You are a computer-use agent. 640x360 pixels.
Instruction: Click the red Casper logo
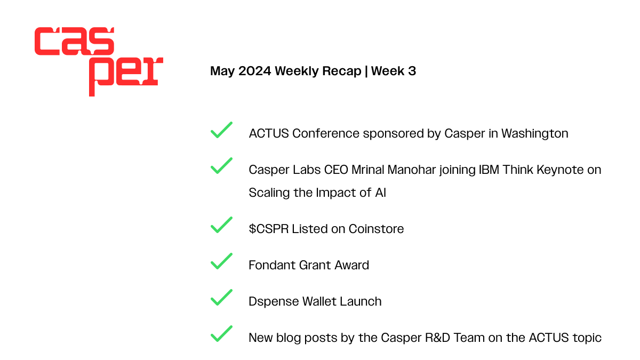pos(98,61)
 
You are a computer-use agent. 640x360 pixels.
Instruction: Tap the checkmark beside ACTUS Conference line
pos(221,130)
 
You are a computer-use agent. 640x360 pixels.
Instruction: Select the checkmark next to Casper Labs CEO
pos(221,166)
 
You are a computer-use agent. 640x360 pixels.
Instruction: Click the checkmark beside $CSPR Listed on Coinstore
pos(221,225)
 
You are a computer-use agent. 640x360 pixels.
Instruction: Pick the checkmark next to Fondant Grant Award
pos(221,261)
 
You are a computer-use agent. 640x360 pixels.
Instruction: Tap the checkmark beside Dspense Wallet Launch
pos(221,298)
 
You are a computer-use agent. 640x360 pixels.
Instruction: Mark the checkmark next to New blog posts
pos(221,334)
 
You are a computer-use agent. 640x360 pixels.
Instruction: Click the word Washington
pos(535,133)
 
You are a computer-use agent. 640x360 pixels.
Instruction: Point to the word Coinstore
pos(376,229)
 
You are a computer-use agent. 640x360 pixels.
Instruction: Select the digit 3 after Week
pos(412,71)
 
